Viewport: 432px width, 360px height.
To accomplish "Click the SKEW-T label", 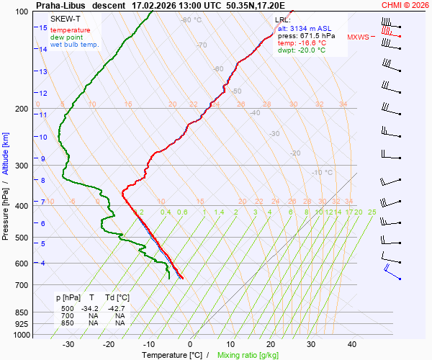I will pos(65,19).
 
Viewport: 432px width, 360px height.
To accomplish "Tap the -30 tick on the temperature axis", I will pos(68,344).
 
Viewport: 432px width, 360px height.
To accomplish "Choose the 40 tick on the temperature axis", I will pos(352,344).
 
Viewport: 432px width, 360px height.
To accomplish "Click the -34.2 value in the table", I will pos(89,307).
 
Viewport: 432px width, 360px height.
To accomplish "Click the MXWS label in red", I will pos(358,37).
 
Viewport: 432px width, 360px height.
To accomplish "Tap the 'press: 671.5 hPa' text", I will pos(307,35).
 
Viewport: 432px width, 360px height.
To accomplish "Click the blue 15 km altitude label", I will pos(43,27).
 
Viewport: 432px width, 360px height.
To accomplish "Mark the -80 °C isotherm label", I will pos(192,20).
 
